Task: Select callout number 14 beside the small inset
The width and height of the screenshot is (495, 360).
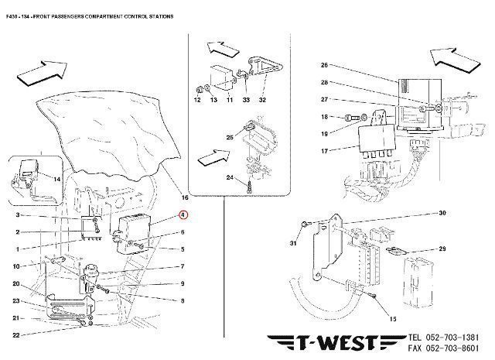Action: pos(56,178)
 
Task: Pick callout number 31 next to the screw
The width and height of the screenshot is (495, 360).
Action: pos(293,245)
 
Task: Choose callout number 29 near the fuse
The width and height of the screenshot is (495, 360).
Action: pos(442,249)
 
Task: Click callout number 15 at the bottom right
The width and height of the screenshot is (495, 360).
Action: pos(392,319)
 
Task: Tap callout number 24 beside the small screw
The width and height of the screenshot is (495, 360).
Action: pos(229,178)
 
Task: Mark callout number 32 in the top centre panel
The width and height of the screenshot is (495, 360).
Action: pos(261,101)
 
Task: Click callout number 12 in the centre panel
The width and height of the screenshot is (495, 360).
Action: pos(197,101)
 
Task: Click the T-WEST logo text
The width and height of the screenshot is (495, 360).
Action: pos(335,342)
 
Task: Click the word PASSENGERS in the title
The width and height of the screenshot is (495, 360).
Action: pos(77,16)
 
